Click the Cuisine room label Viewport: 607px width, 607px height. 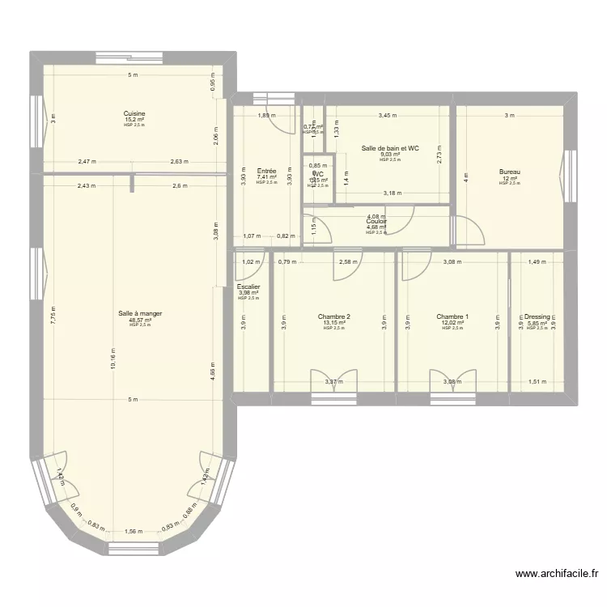coord(134,113)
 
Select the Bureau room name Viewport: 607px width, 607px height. coord(509,172)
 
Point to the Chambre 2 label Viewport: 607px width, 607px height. coord(334,316)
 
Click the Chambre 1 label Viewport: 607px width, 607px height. coord(452,316)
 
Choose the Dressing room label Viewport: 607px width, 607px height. coord(537,316)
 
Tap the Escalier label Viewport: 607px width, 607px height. coord(248,287)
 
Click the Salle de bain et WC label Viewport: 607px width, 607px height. coord(390,148)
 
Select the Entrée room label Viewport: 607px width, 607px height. coord(266,171)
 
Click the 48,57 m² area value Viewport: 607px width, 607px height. coord(134,320)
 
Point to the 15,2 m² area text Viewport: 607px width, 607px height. coord(134,120)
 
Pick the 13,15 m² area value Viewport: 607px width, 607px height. coord(334,323)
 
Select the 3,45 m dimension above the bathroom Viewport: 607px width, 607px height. coord(388,115)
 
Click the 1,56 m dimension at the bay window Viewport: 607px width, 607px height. coord(134,532)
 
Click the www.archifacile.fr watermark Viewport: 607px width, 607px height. coord(557,574)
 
